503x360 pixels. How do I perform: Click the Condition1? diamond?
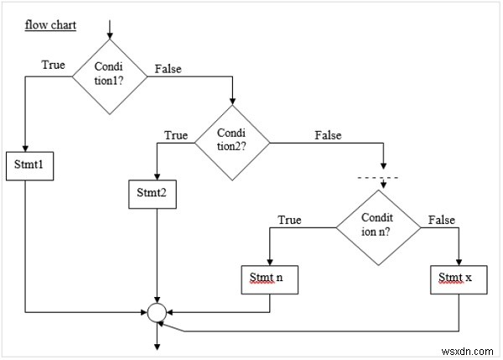[x=109, y=77]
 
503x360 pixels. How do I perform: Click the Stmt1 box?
[x=29, y=164]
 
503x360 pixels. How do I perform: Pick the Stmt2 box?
[x=152, y=192]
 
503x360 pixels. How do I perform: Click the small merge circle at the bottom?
[x=156, y=314]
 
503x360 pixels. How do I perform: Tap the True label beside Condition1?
[x=54, y=64]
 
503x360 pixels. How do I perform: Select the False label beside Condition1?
[x=168, y=69]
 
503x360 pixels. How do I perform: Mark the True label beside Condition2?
[x=176, y=134]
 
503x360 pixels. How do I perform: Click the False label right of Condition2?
[x=329, y=134]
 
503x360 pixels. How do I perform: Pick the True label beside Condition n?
[x=289, y=220]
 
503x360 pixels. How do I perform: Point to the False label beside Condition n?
[x=441, y=220]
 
